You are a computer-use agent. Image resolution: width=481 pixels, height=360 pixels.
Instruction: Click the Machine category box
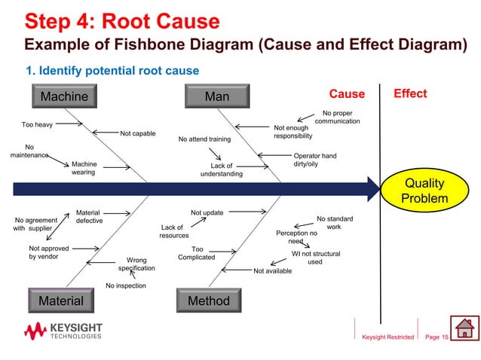pyautogui.click(x=64, y=96)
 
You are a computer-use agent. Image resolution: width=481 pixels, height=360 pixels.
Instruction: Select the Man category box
pyautogui.click(x=217, y=96)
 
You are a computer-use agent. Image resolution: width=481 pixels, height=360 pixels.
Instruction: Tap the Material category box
pyautogui.click(x=61, y=301)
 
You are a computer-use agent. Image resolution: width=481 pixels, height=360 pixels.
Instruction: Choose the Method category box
pyautogui.click(x=208, y=301)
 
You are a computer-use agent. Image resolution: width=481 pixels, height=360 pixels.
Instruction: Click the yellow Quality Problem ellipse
pyautogui.click(x=424, y=191)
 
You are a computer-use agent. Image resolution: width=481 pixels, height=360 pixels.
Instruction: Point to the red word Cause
pyautogui.click(x=346, y=94)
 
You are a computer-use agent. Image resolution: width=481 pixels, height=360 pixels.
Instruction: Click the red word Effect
pyautogui.click(x=410, y=93)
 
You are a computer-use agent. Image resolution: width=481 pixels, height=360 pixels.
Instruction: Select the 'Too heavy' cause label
pyautogui.click(x=37, y=124)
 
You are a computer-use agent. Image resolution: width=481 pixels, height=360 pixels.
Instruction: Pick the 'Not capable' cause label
pyautogui.click(x=138, y=134)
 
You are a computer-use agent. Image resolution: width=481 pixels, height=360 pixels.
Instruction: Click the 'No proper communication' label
pyautogui.click(x=337, y=117)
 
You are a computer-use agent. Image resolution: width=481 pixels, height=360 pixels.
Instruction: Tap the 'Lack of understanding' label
pyautogui.click(x=222, y=170)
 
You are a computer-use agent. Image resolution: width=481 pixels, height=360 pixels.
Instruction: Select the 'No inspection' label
pyautogui.click(x=125, y=286)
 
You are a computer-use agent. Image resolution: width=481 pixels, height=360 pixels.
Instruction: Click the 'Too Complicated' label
pyautogui.click(x=197, y=253)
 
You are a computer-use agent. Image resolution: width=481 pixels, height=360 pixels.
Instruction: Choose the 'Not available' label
pyautogui.click(x=272, y=270)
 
